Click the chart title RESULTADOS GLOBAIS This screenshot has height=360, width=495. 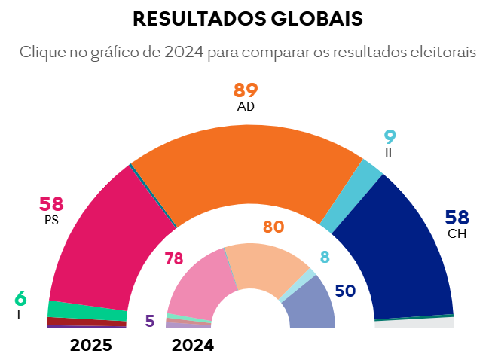247,20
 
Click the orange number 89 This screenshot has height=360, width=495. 246,90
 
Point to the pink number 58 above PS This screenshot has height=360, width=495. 51,203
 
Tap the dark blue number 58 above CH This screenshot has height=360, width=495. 457,218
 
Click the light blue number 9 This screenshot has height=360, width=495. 390,137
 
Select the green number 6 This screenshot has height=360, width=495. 20,298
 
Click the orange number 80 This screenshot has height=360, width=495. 273,227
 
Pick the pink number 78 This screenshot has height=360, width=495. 174,259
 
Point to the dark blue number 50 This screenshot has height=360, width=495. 345,291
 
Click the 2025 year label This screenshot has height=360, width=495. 91,346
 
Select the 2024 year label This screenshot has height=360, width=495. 193,346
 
